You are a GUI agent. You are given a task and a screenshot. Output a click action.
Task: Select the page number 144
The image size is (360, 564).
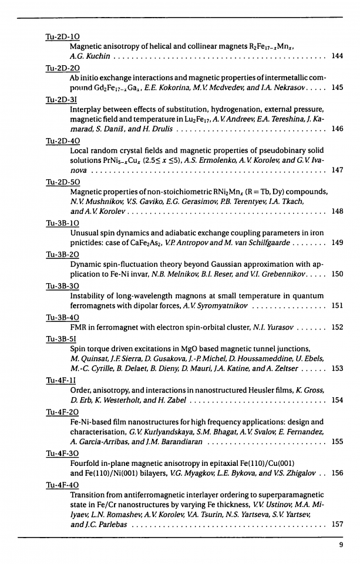pos(337,56)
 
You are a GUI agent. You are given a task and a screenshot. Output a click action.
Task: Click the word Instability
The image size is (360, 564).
pos(88,295)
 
